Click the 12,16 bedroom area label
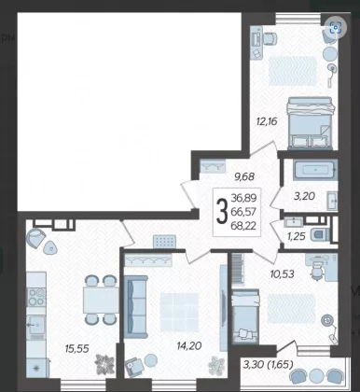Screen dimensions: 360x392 click(267, 121)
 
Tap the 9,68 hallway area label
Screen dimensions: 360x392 click(244, 176)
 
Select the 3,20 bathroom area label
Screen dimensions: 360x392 click(305, 196)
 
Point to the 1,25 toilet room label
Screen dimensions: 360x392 click(296, 236)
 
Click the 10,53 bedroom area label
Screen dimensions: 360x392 click(282, 274)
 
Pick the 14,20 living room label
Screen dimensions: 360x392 click(189, 345)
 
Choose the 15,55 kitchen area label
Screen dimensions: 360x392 click(77, 349)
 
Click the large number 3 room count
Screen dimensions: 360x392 click(222, 212)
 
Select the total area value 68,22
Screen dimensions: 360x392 click(243, 226)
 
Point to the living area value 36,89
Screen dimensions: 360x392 click(243, 197)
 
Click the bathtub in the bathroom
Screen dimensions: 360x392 click(314, 170)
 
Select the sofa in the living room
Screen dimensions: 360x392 click(136, 306)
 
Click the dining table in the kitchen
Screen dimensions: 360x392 click(101, 300)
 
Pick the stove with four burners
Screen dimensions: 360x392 click(37, 297)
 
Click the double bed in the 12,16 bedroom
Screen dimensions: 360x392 click(311, 123)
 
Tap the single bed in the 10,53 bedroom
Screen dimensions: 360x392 click(245, 316)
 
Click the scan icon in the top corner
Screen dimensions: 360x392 click(336, 28)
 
